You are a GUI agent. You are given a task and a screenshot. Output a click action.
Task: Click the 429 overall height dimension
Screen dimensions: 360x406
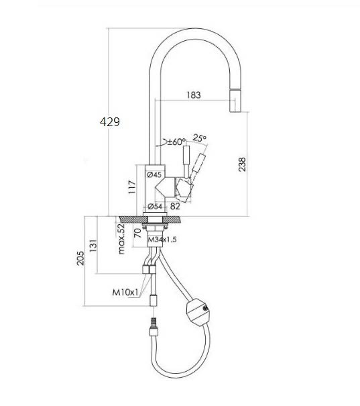tap(110, 121)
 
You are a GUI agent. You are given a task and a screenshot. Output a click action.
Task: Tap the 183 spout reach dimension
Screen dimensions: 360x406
tap(194, 95)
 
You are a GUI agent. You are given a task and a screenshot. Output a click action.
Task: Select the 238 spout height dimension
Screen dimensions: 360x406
tap(242, 164)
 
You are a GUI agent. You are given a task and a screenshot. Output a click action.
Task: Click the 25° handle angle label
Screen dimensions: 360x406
tap(199, 138)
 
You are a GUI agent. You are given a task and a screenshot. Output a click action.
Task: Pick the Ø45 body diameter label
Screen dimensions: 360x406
tap(154, 174)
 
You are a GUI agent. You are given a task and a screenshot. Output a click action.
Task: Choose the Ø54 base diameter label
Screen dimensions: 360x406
tap(155, 207)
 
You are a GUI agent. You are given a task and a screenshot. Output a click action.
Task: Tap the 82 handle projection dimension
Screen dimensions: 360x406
tap(175, 207)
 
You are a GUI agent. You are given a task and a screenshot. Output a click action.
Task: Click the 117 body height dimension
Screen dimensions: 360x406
tap(132, 187)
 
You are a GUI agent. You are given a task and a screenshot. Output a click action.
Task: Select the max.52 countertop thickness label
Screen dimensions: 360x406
tap(121, 239)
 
